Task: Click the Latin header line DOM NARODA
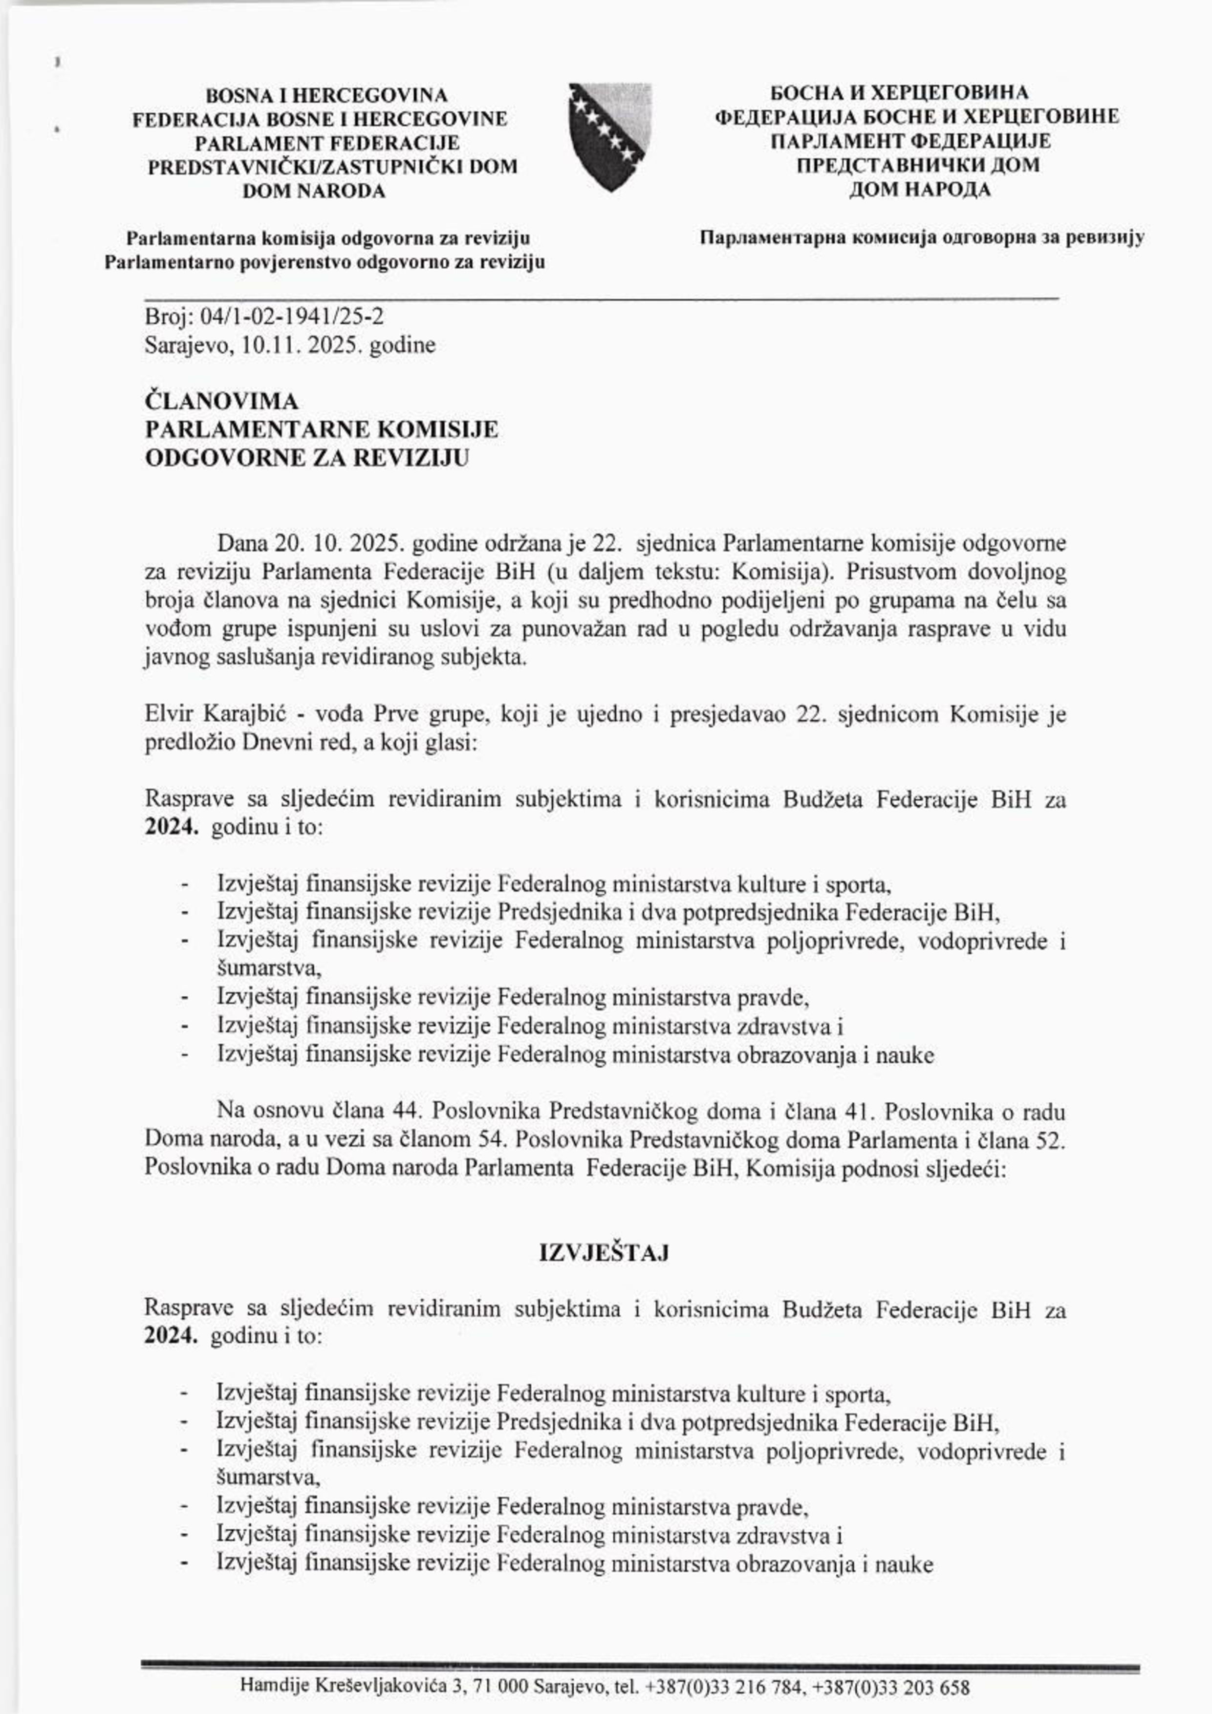click(x=314, y=191)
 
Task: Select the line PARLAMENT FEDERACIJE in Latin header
click(x=327, y=143)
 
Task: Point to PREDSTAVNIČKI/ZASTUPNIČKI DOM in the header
click(x=332, y=167)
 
